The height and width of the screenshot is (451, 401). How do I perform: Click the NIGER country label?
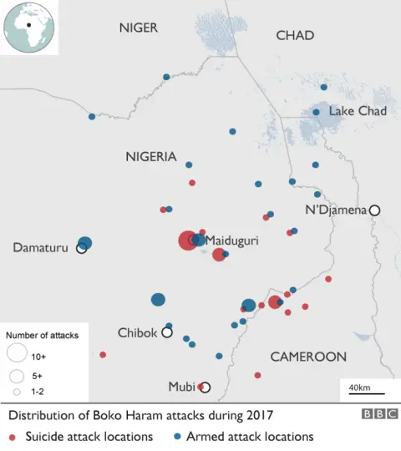click(138, 28)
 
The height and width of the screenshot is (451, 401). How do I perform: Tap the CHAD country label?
click(295, 35)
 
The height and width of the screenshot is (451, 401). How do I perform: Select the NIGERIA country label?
click(150, 157)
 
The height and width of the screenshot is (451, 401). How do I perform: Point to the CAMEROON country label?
click(308, 357)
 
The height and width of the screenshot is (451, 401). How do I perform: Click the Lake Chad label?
click(358, 111)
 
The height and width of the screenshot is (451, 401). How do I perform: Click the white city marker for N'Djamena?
click(375, 210)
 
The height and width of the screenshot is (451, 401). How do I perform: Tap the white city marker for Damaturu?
click(82, 248)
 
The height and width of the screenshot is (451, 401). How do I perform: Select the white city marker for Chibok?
click(167, 332)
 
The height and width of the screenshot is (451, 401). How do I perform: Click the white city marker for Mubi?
click(206, 388)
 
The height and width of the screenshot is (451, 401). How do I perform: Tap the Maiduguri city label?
click(231, 241)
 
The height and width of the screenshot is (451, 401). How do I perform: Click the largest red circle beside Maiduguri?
click(188, 241)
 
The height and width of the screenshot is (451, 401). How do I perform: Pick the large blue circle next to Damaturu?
click(85, 243)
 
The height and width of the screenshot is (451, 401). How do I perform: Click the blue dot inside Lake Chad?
click(316, 112)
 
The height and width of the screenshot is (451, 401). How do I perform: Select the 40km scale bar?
click(360, 392)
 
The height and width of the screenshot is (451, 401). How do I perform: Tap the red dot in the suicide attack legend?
click(12, 437)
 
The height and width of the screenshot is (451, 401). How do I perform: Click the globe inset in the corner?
click(28, 28)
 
